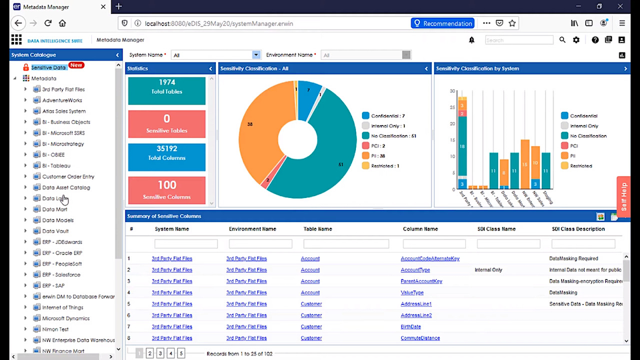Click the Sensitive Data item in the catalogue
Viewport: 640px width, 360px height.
48,67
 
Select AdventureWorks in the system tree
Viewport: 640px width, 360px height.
62,100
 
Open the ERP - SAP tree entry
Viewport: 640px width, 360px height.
53,285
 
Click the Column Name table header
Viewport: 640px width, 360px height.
420,229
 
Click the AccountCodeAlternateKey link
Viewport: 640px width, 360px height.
429,259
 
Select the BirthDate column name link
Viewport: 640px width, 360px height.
411,327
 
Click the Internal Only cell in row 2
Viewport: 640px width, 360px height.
488,270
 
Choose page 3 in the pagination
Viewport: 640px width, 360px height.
160,353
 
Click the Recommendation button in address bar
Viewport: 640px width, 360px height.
442,23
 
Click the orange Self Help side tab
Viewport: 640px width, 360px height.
623,196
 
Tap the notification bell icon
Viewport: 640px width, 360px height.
472,40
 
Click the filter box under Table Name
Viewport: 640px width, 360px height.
346,244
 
